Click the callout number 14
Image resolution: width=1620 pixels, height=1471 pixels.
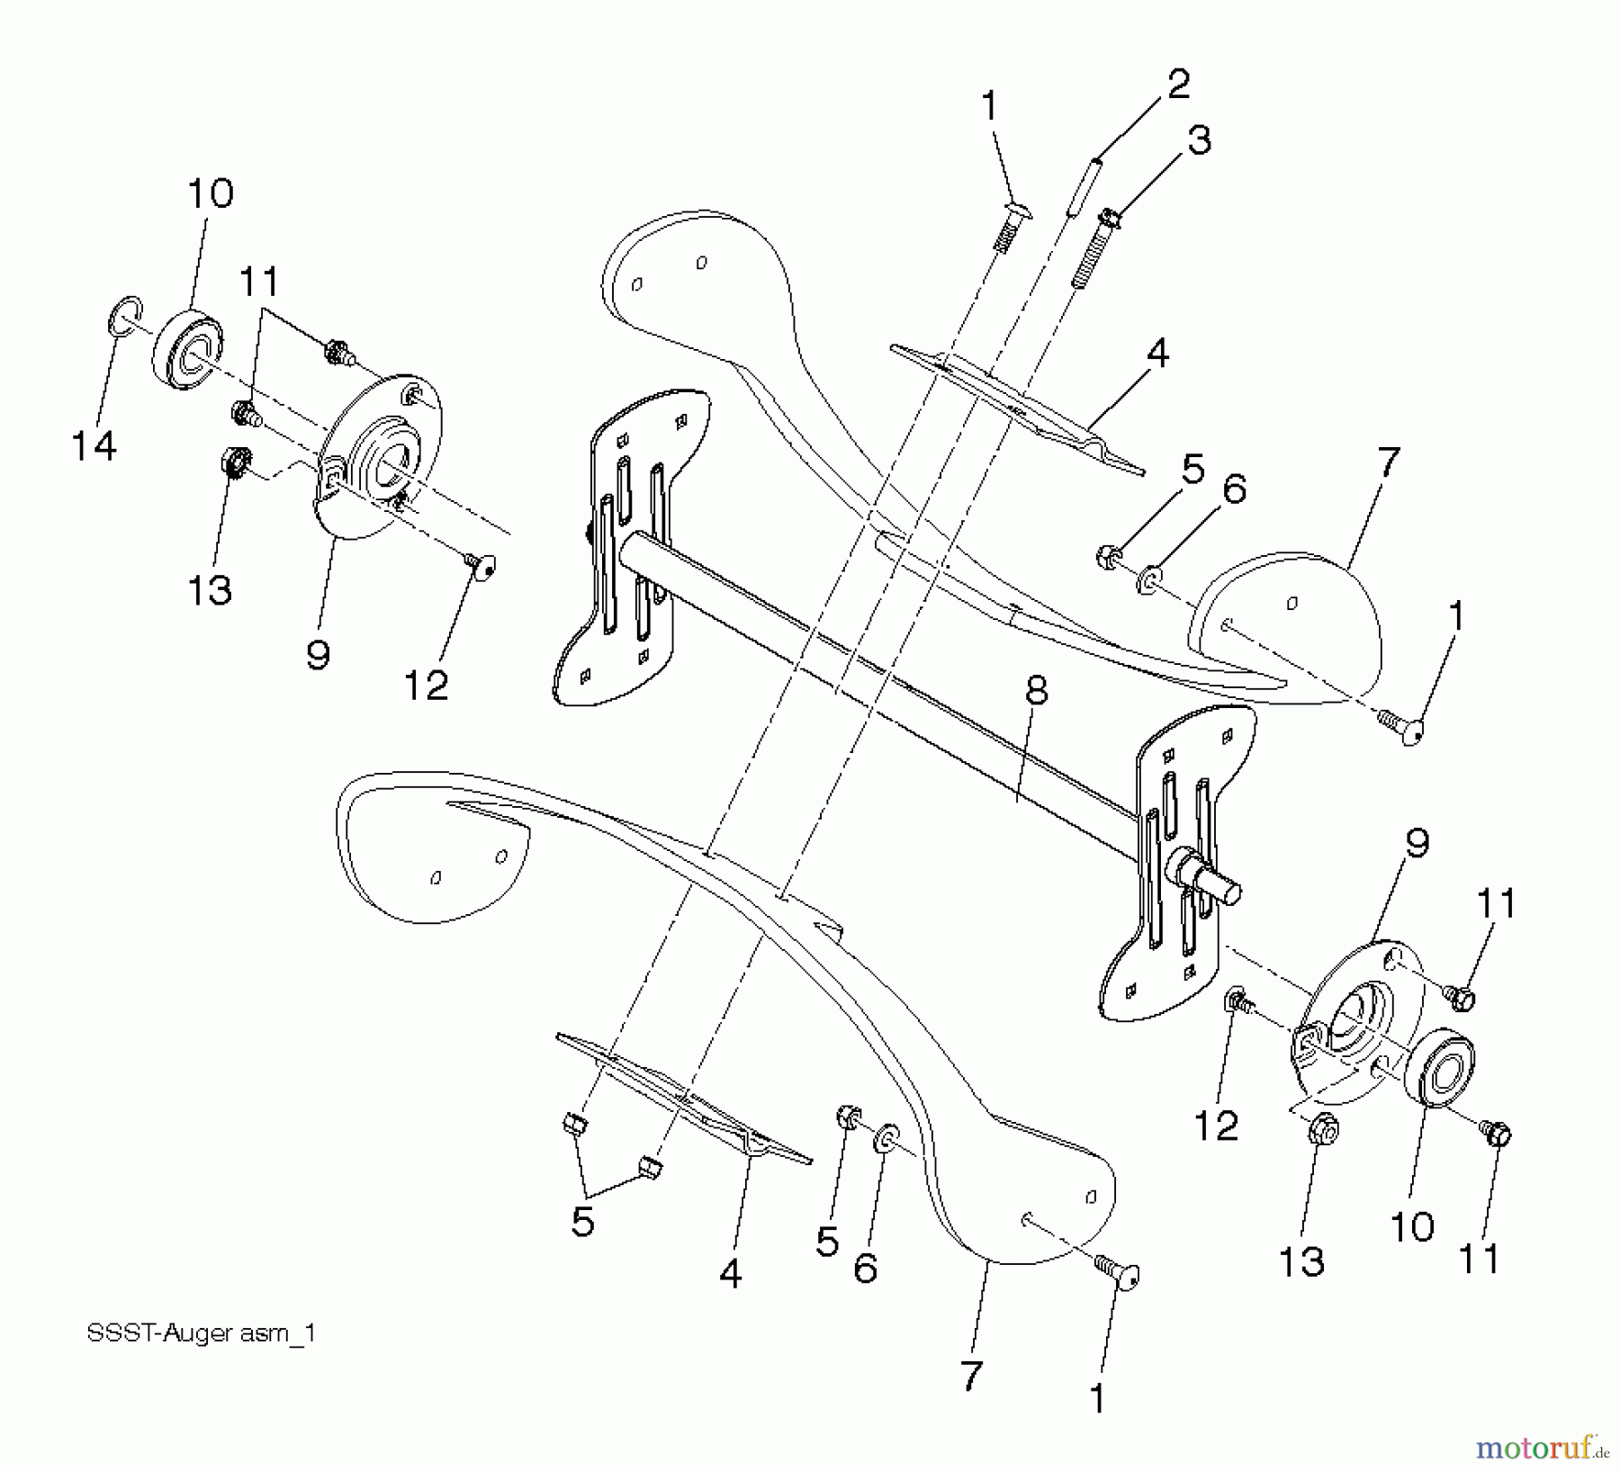(x=94, y=445)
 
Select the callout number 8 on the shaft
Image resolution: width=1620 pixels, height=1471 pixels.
(x=1037, y=690)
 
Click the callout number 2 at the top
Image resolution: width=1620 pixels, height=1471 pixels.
(x=1178, y=84)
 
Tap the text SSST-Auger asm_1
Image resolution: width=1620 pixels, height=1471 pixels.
(x=201, y=1332)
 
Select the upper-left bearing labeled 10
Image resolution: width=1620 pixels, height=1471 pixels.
(x=186, y=352)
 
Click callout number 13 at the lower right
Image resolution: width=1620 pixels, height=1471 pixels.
(x=1301, y=1261)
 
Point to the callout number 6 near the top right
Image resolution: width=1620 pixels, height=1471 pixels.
(x=1234, y=489)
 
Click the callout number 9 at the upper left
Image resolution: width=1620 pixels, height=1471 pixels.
(x=318, y=654)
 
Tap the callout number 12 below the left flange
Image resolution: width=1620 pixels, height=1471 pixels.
(x=426, y=686)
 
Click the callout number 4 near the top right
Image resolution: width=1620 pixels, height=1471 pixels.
(x=1157, y=354)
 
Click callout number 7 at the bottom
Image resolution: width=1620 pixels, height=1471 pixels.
(x=971, y=1375)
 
